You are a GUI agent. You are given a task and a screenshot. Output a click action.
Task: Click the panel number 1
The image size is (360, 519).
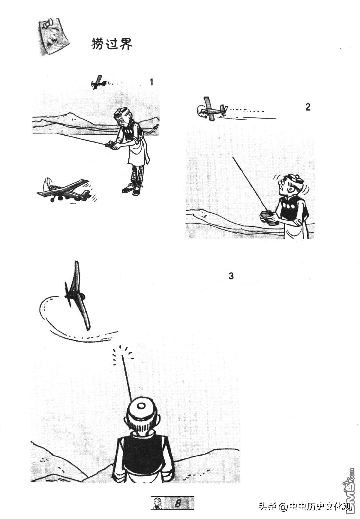[x=152, y=82]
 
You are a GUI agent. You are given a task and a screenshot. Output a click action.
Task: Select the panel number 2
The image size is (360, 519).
[x=308, y=107]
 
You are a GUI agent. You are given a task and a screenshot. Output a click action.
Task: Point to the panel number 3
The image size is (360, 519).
[x=231, y=276]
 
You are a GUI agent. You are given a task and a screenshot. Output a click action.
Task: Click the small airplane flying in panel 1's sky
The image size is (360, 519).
[x=99, y=82]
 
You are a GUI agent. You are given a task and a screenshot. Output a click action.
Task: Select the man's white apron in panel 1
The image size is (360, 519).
[x=137, y=151]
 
